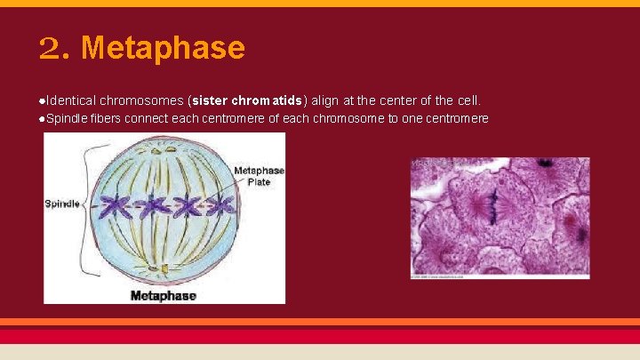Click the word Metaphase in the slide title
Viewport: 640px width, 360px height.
[x=163, y=48]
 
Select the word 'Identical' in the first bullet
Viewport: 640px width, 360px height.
[x=71, y=100]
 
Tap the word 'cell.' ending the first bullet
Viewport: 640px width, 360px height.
[x=468, y=100]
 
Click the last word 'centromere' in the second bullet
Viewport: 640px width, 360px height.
[x=457, y=118]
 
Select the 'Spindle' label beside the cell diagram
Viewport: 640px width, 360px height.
[x=61, y=204]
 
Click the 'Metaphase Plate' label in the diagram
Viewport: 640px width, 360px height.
[x=259, y=176]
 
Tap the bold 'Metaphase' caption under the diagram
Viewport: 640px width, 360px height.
[x=164, y=295]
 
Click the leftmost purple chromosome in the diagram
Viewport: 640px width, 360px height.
[x=114, y=207]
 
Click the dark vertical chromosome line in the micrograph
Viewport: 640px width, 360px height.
[x=490, y=206]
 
